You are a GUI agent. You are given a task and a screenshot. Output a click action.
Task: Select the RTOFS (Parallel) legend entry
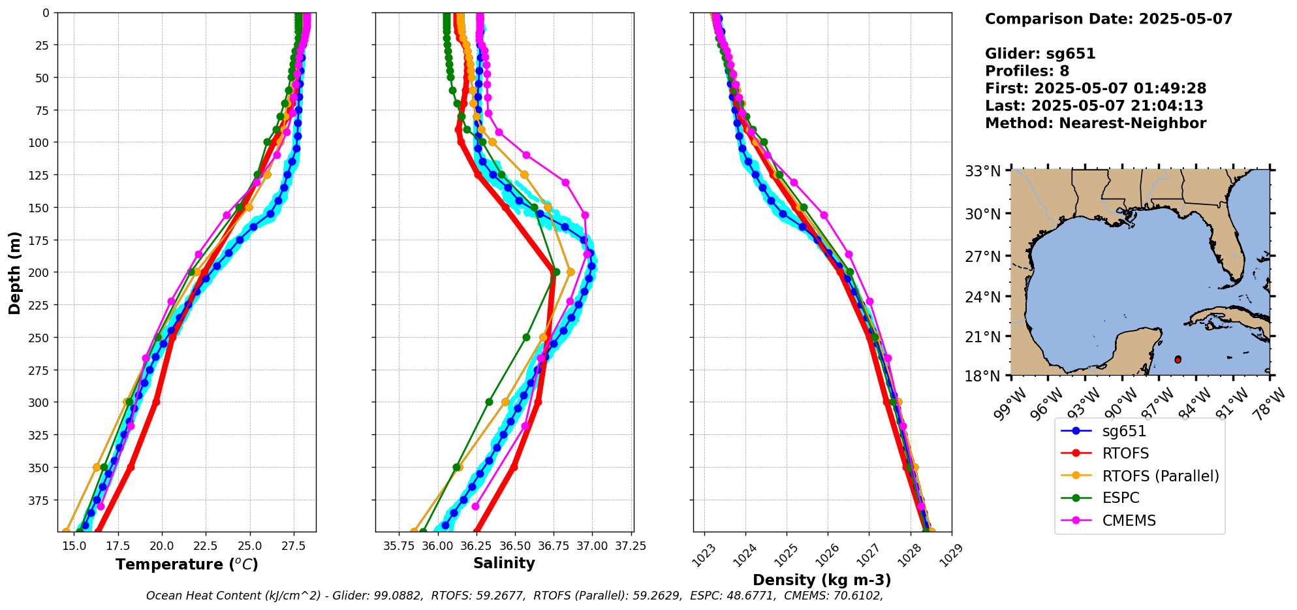pos(1160,476)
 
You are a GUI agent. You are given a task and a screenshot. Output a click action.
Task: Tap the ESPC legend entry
pos(1120,498)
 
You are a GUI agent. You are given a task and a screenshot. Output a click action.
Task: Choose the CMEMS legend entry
pos(1129,521)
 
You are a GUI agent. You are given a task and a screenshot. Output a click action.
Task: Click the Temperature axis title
pos(187,564)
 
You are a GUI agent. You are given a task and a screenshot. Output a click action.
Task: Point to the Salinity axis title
pos(504,564)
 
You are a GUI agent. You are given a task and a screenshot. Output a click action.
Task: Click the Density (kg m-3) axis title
pos(822,580)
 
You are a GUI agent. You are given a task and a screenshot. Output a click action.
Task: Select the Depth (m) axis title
pos(15,272)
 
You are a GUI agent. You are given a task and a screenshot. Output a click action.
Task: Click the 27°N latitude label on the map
pos(982,257)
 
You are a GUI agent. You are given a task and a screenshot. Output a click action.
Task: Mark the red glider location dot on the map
pos(1178,360)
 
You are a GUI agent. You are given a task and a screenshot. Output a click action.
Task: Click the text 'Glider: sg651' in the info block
pos(1040,54)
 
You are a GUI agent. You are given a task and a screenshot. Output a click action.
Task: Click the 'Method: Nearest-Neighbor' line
pos(1095,123)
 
